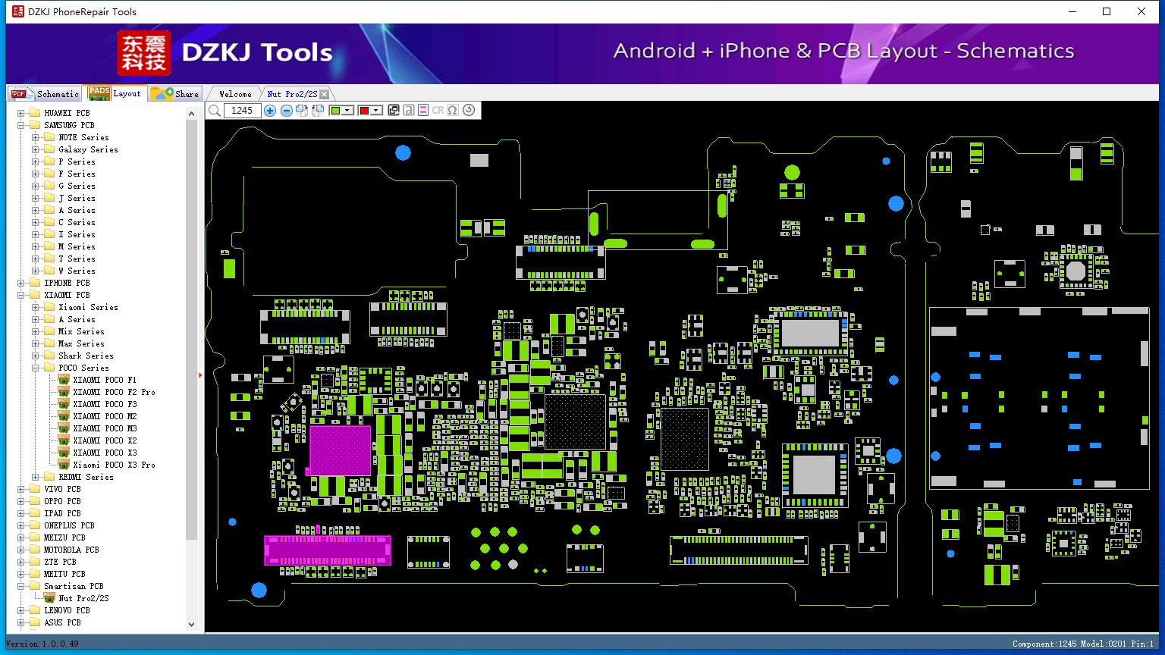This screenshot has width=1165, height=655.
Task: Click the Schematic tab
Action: [46, 93]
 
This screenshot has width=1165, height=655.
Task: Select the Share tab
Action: [174, 93]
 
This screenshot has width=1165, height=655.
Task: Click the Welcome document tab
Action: [235, 94]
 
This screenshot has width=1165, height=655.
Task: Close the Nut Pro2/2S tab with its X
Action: [324, 94]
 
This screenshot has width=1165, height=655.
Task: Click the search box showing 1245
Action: [242, 110]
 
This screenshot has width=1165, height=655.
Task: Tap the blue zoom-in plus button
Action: [269, 110]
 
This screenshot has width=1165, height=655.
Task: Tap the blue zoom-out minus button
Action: [286, 110]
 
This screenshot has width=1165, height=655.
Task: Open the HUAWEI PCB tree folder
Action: [67, 113]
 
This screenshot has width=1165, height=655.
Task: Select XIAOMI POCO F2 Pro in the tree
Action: [114, 392]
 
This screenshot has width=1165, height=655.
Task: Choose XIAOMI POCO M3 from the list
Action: [105, 428]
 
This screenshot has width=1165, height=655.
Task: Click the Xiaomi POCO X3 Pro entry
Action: [114, 465]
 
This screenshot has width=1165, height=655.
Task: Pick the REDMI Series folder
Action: [86, 477]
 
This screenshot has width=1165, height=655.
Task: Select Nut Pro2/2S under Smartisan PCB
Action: [83, 598]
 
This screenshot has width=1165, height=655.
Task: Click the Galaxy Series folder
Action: [88, 149]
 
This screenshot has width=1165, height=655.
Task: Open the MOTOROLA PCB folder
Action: [71, 550]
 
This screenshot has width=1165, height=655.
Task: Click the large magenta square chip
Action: [340, 450]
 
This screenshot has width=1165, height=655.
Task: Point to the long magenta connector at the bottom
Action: [328, 550]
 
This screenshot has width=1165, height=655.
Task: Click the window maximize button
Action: [1107, 11]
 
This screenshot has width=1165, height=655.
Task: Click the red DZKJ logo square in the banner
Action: [144, 53]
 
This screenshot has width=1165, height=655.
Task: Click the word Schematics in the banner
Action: [1016, 51]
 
